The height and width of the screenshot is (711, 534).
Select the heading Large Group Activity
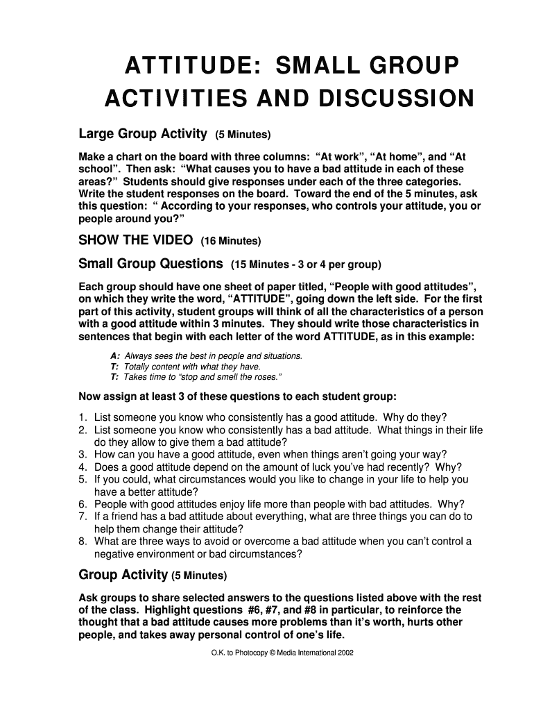tap(143, 133)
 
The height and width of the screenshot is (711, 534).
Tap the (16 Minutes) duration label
tap(231, 242)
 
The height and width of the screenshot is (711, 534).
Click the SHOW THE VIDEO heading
tap(136, 241)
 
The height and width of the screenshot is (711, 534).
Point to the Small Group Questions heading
tap(150, 264)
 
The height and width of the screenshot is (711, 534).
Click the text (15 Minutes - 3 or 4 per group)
tap(306, 265)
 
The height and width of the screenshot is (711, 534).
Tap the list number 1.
tap(83, 417)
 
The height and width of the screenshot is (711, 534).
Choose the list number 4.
tap(83, 467)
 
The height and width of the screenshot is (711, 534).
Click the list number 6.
tap(83, 504)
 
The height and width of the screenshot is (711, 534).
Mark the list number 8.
tap(83, 542)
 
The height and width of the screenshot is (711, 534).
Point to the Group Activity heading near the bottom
tap(123, 575)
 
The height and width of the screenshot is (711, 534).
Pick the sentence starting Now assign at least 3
tap(238, 397)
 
